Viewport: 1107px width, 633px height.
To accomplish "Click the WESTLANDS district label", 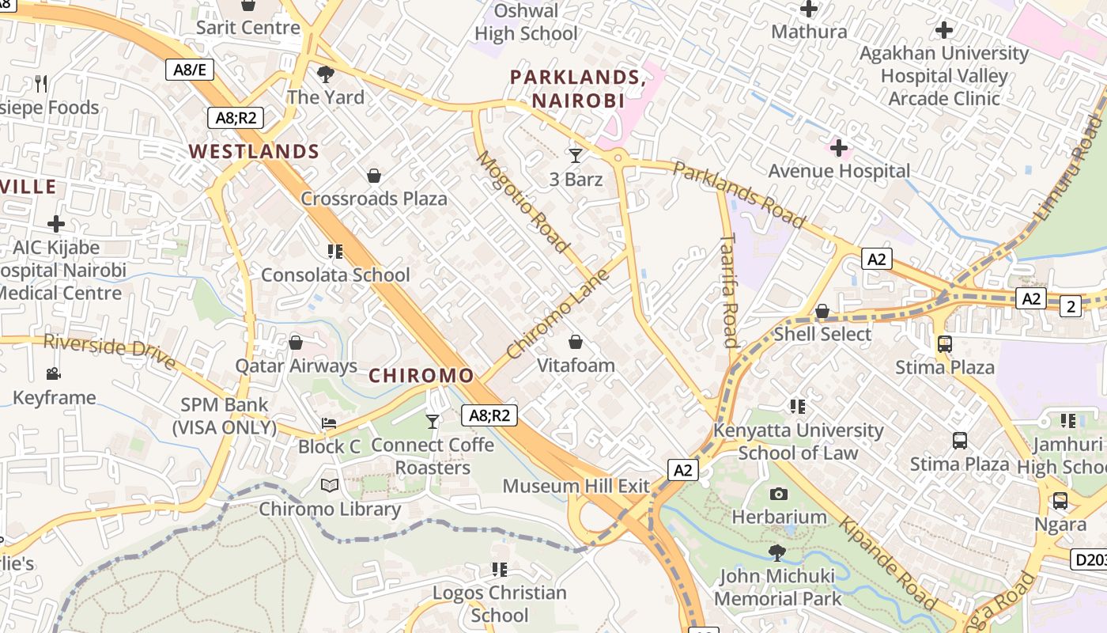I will [254, 151].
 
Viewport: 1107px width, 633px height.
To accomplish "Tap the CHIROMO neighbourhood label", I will [421, 375].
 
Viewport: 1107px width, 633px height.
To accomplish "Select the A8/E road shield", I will [190, 70].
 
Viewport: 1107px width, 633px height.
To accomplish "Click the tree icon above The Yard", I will [325, 74].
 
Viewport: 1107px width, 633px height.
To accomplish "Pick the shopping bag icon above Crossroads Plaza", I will [374, 176].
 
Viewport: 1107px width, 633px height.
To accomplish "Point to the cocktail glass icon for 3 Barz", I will [576, 155].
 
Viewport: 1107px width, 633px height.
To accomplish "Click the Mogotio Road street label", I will [523, 203].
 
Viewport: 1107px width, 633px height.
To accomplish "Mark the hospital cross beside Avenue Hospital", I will [839, 148].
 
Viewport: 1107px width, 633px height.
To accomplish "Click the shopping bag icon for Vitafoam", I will [576, 342].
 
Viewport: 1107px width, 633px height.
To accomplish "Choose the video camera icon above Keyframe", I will [54, 373].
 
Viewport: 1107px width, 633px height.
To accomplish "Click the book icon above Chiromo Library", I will [330, 485].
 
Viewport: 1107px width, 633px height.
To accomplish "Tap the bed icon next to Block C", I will [329, 423].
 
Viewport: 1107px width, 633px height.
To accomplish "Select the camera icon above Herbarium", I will [779, 494].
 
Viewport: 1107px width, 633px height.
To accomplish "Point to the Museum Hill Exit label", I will [576, 486].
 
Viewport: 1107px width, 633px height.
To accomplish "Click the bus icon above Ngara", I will [1060, 501].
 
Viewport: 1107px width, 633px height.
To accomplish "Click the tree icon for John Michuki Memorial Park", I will [777, 552].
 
